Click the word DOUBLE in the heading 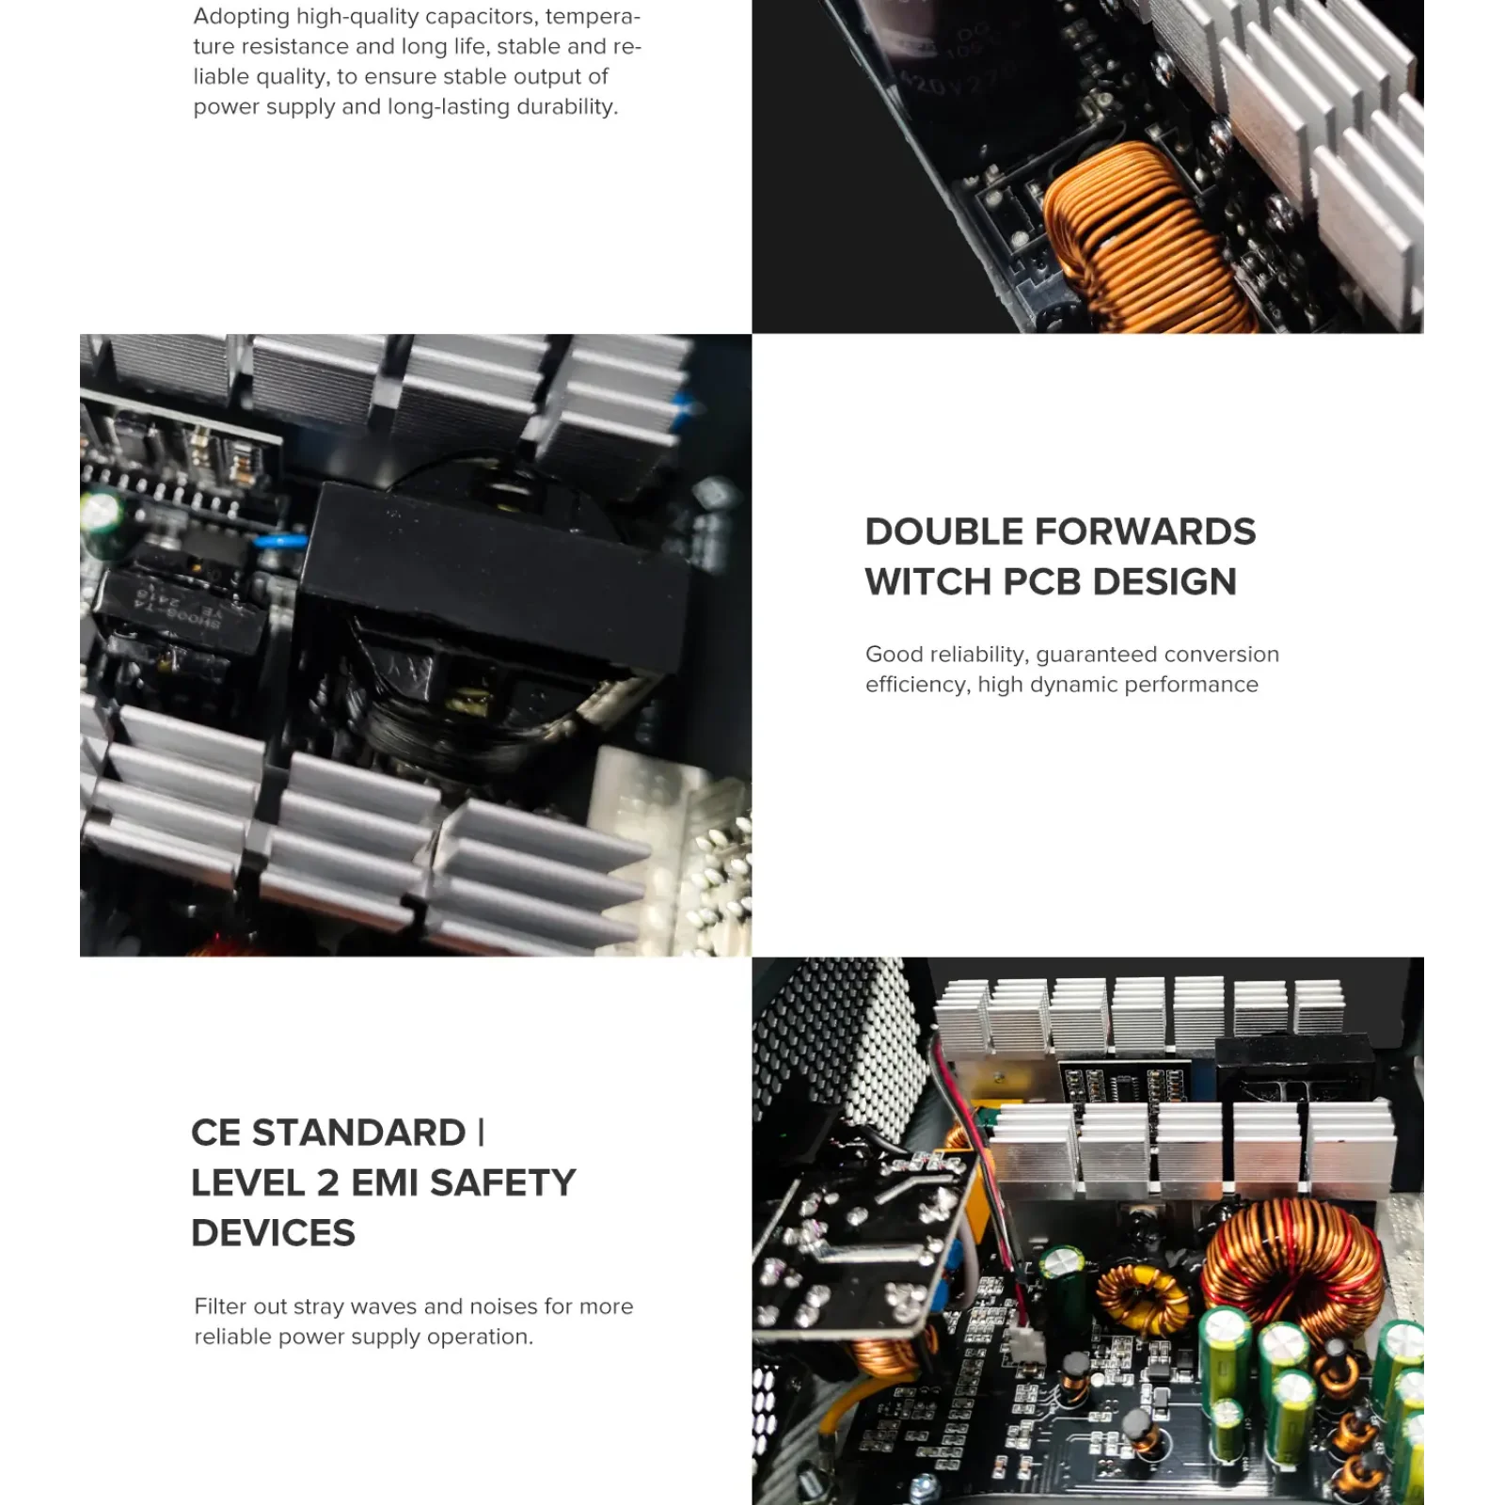(943, 532)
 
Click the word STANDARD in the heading (358, 1133)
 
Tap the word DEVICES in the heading (273, 1233)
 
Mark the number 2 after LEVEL (327, 1183)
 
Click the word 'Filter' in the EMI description (222, 1307)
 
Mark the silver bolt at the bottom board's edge (925, 1485)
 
